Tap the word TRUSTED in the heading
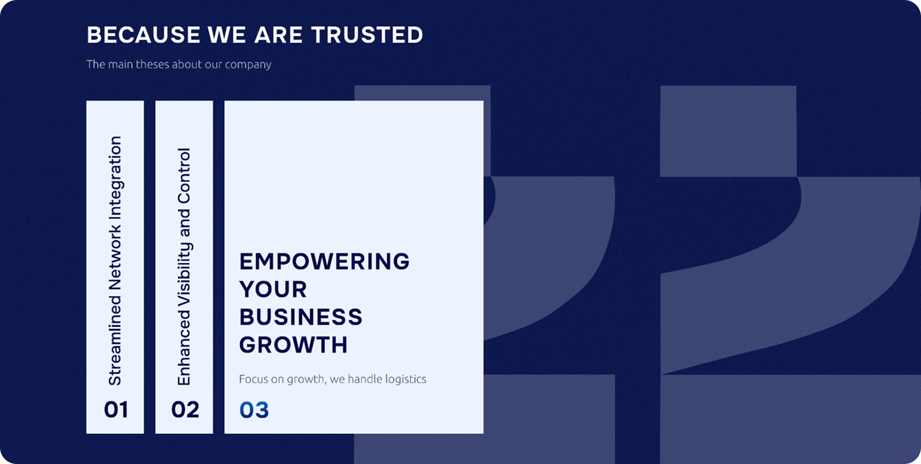367,35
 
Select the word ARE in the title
279,35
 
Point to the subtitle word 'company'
248,65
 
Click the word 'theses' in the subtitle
152,65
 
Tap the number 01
116,409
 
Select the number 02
185,409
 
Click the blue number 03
254,410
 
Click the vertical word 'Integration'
115,177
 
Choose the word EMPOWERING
324,261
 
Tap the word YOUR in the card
273,289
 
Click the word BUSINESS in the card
301,317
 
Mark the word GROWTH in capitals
294,345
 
